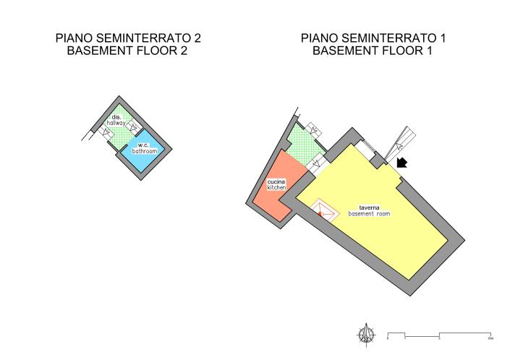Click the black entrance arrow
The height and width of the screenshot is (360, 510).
tap(401, 163)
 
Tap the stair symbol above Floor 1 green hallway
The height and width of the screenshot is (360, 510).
tap(315, 129)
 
